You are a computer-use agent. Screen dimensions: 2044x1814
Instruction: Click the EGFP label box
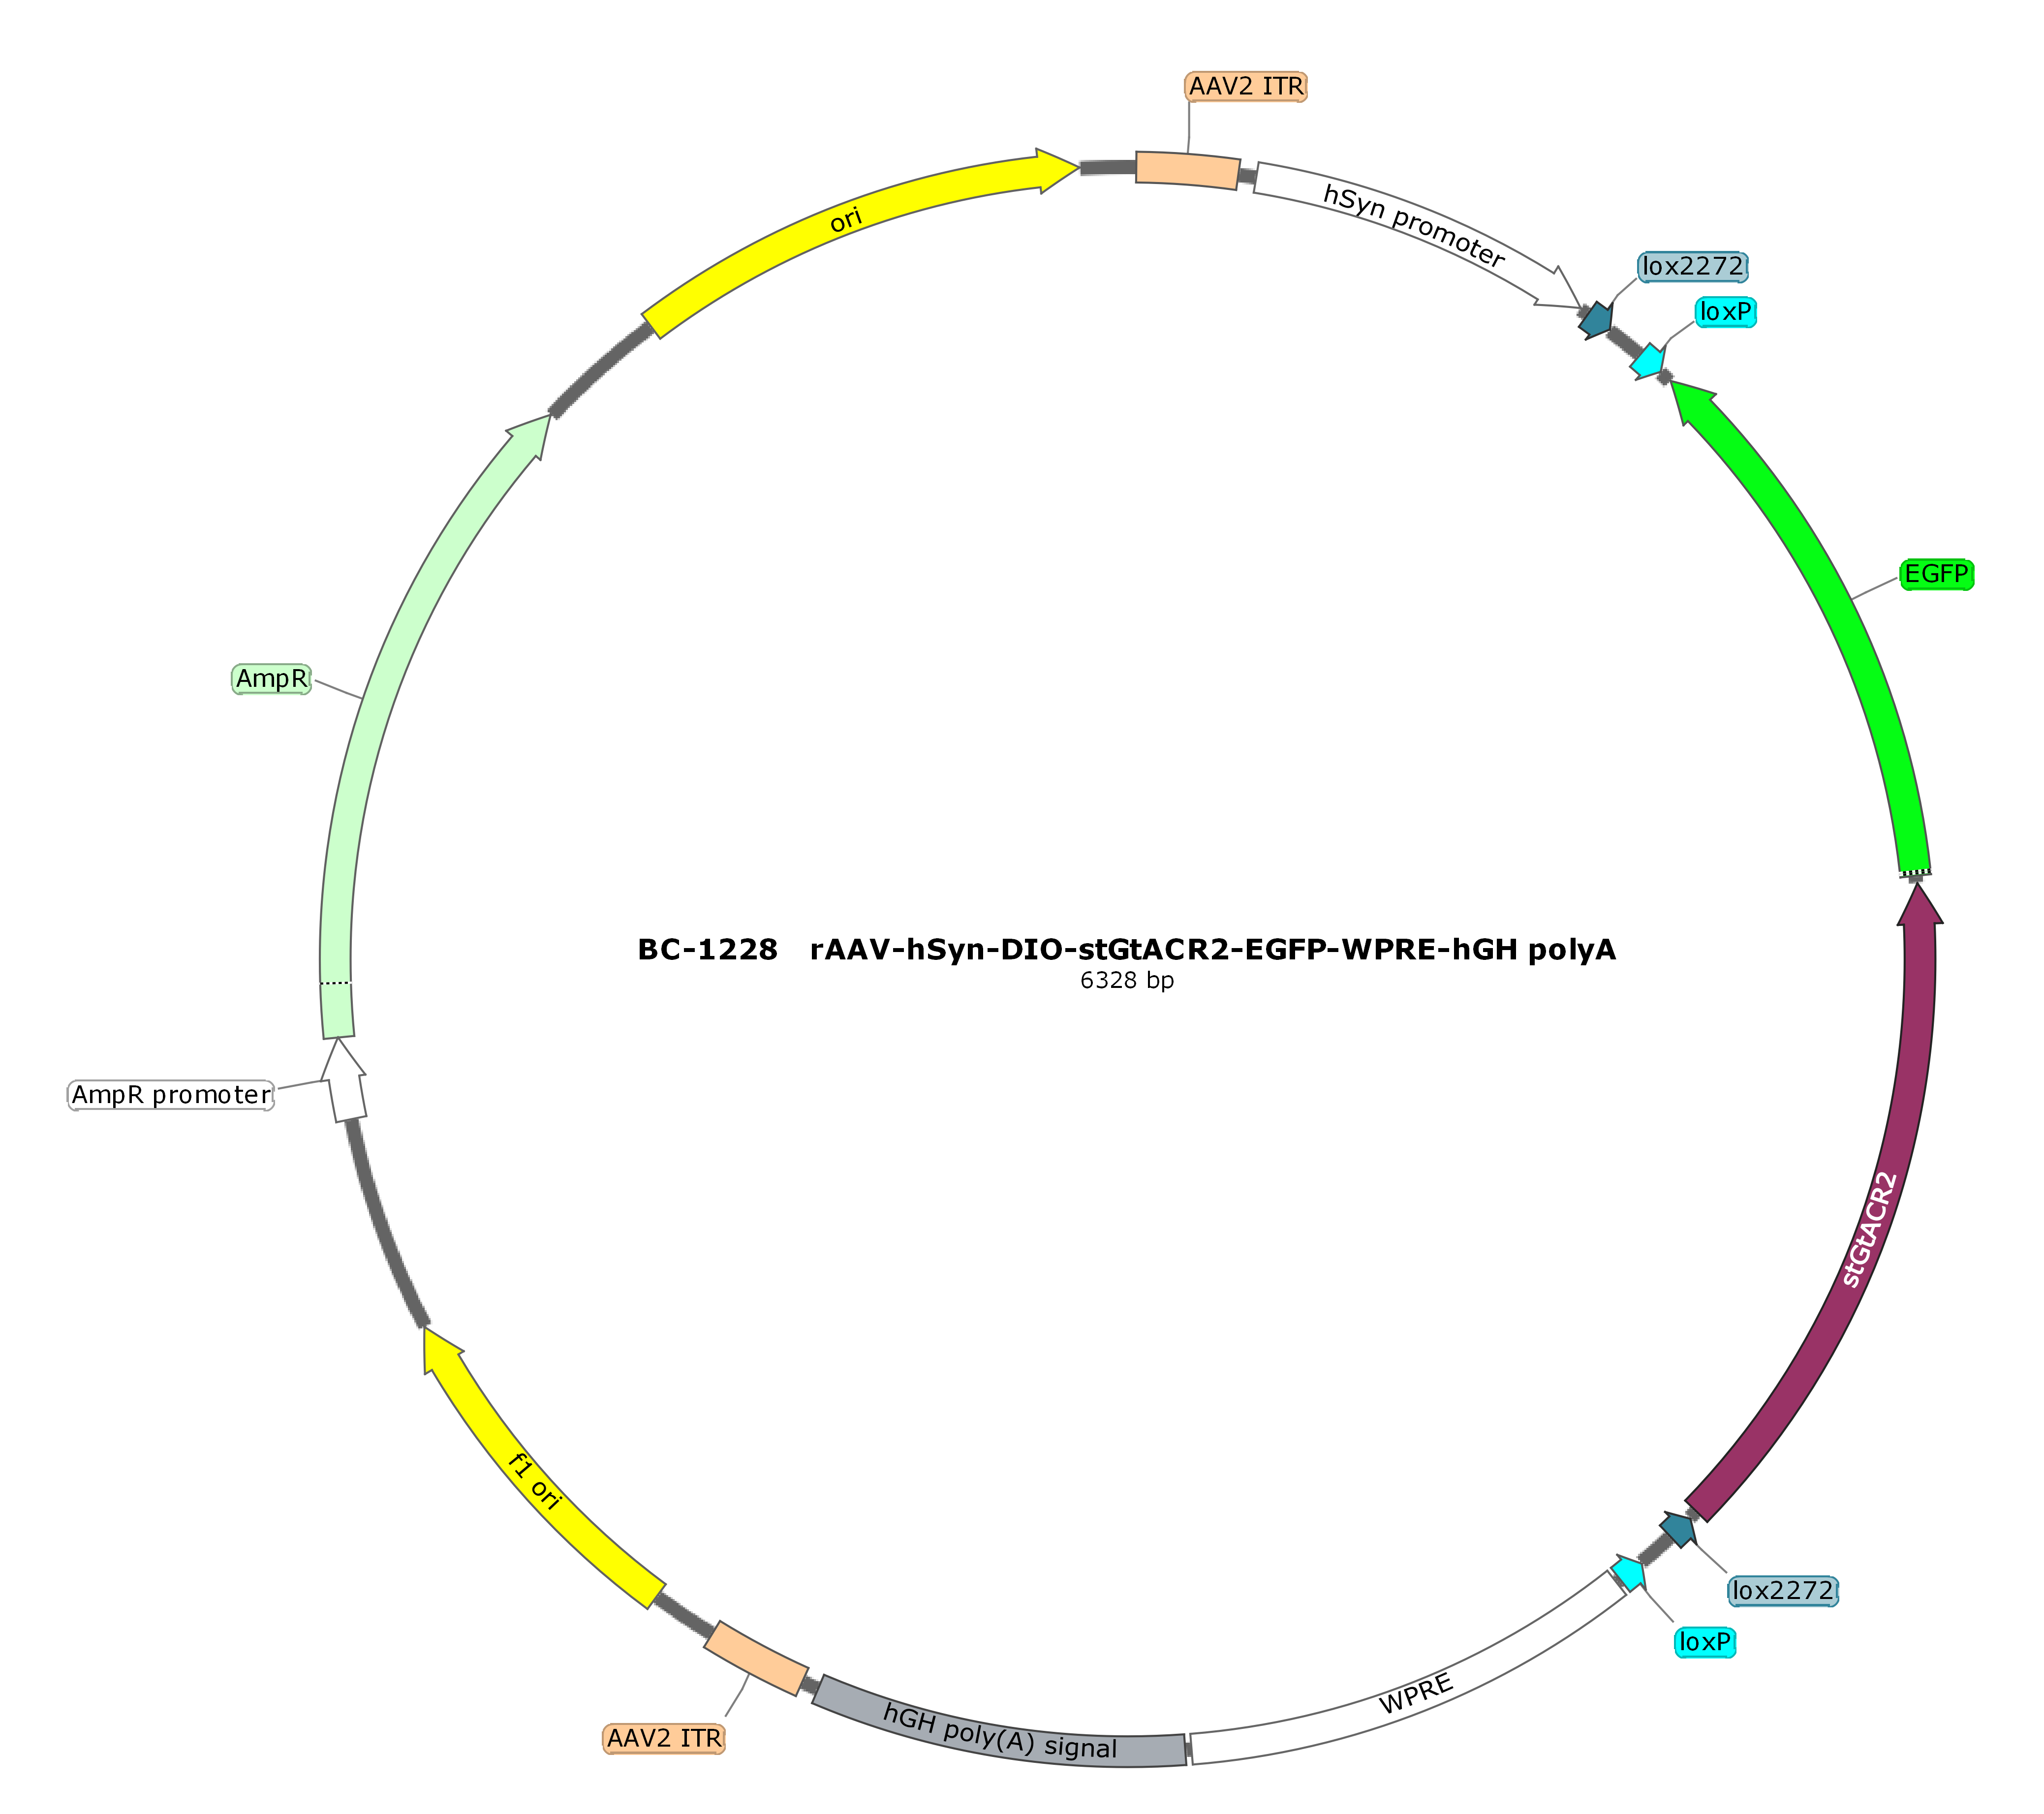pos(1937,574)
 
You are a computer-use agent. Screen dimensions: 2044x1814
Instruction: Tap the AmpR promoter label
pos(171,1095)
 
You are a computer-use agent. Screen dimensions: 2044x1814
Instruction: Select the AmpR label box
pos(272,679)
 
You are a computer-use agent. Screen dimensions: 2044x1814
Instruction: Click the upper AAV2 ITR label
pos(1246,87)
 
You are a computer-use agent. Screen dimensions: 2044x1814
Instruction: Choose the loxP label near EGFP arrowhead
pos(1726,312)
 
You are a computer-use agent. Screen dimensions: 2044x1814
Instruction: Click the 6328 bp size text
pos(1127,980)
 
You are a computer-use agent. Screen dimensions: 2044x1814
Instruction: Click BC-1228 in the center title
pos(707,949)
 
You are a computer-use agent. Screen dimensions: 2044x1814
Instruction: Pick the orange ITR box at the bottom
pos(756,1659)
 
